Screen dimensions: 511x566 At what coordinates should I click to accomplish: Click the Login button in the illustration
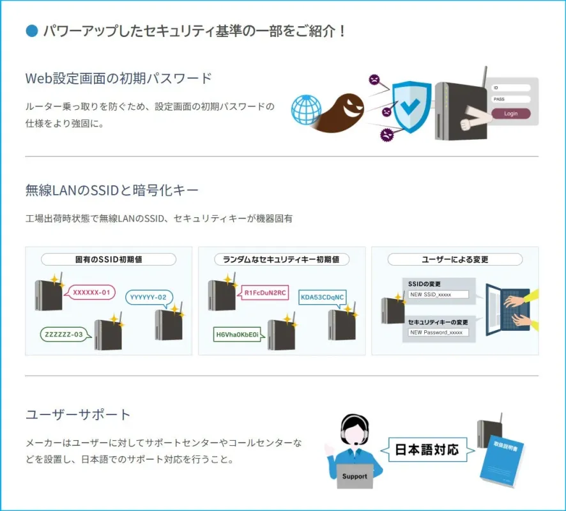510,114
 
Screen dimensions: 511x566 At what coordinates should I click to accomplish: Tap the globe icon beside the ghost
306,109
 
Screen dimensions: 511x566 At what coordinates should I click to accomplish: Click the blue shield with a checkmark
410,105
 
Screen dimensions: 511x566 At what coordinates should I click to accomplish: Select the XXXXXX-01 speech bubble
91,293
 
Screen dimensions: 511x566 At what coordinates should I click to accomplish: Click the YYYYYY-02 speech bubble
148,297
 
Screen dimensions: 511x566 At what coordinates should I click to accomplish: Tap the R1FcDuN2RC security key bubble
265,293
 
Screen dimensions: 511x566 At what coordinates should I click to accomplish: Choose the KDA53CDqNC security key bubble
322,297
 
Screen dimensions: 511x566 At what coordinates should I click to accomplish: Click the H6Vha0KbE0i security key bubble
237,334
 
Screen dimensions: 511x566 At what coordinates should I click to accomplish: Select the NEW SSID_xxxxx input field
438,294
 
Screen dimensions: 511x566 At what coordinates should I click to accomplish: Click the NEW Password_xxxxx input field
438,332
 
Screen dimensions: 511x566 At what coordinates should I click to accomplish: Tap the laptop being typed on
507,309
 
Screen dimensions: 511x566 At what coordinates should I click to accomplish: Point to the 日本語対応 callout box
426,449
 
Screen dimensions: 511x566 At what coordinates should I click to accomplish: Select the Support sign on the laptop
355,476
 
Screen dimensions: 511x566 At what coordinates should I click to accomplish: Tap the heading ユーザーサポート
78,415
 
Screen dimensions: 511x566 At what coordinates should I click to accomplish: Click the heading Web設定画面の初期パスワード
118,78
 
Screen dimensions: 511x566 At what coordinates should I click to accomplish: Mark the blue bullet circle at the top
31,30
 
